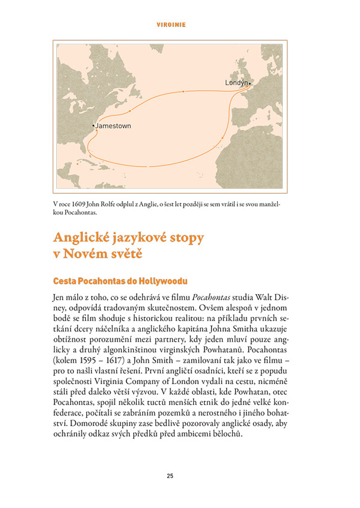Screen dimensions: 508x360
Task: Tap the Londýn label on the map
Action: pos(236,82)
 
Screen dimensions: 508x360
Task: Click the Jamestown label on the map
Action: pos(113,125)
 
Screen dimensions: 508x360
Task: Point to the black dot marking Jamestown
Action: pos(94,125)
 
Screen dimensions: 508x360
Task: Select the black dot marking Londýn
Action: pos(250,82)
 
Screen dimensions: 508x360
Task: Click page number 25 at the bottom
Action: pos(170,476)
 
